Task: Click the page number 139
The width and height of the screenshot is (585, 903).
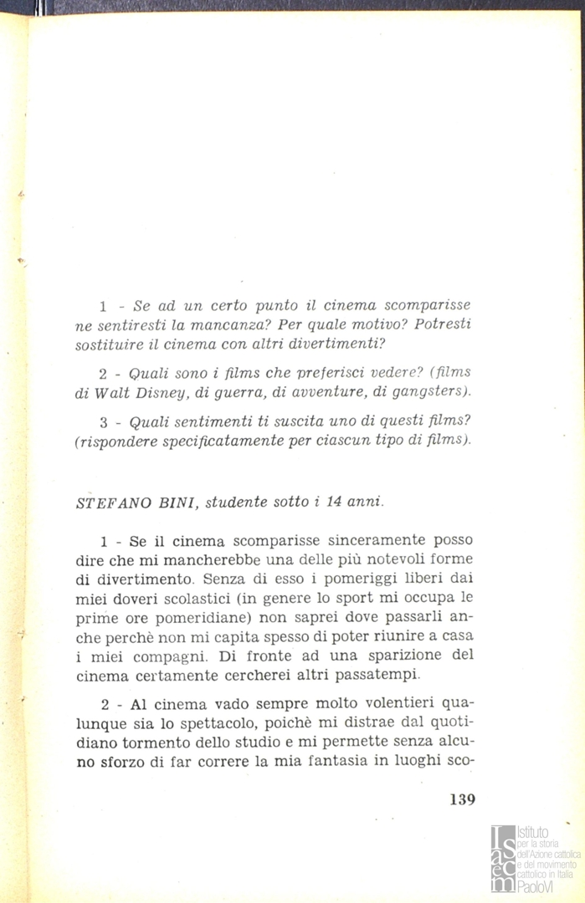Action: pyautogui.click(x=461, y=798)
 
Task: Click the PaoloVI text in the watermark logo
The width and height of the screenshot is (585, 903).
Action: pyautogui.click(x=536, y=887)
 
